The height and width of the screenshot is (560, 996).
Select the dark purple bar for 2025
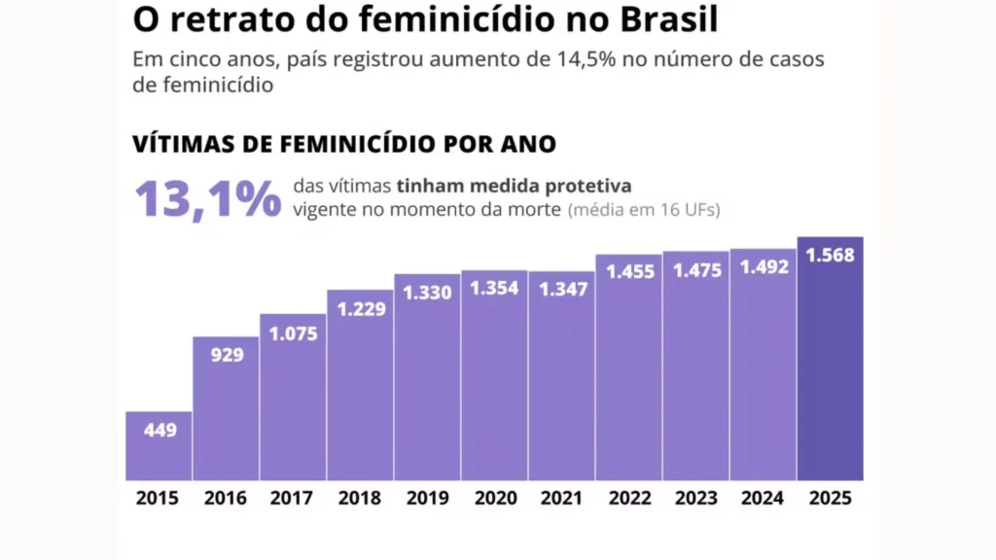pyautogui.click(x=830, y=369)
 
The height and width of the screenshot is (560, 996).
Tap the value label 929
pyautogui.click(x=227, y=355)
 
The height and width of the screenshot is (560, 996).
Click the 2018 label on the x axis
pyautogui.click(x=359, y=499)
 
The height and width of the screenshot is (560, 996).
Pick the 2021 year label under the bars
pyautogui.click(x=561, y=499)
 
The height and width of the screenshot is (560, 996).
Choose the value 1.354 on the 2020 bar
pyautogui.click(x=494, y=288)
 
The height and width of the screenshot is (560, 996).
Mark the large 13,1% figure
pyautogui.click(x=207, y=198)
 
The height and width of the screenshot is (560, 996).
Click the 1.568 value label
pyautogui.click(x=830, y=255)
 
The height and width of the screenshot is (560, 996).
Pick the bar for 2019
pyautogui.click(x=427, y=389)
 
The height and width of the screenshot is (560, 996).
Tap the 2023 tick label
pyautogui.click(x=695, y=499)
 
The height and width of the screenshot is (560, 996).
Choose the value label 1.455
pyautogui.click(x=628, y=272)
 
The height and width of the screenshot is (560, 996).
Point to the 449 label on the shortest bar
pyautogui.click(x=160, y=429)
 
